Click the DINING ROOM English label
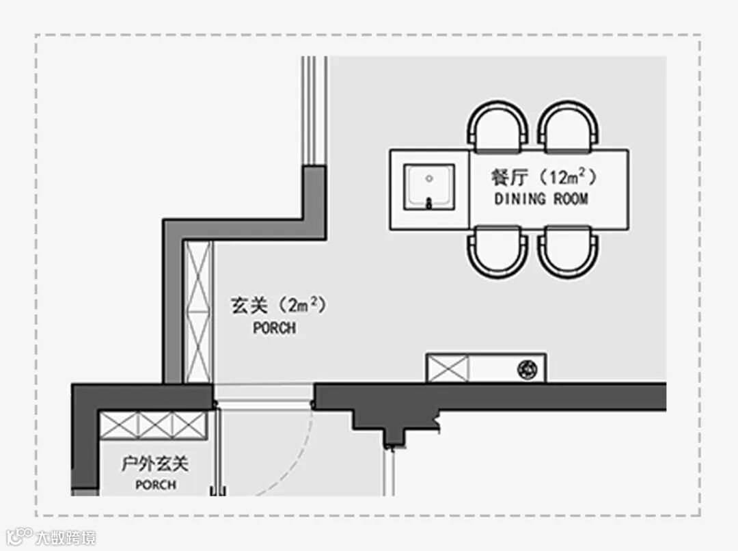pyautogui.click(x=541, y=199)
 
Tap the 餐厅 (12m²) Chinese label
pyautogui.click(x=544, y=177)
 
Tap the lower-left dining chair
pyautogui.click(x=498, y=250)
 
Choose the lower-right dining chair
pyautogui.click(x=568, y=250)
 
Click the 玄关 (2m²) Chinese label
pyautogui.click(x=277, y=306)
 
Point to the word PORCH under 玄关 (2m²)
pyautogui.click(x=275, y=328)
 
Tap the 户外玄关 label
pyautogui.click(x=154, y=465)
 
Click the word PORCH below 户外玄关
pyautogui.click(x=155, y=485)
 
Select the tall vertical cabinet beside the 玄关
pyautogui.click(x=199, y=311)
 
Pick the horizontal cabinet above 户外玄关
pyautogui.click(x=153, y=425)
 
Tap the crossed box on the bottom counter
pyautogui.click(x=448, y=368)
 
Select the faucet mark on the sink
pyautogui.click(x=429, y=202)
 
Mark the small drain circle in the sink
pyautogui.click(x=429, y=178)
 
